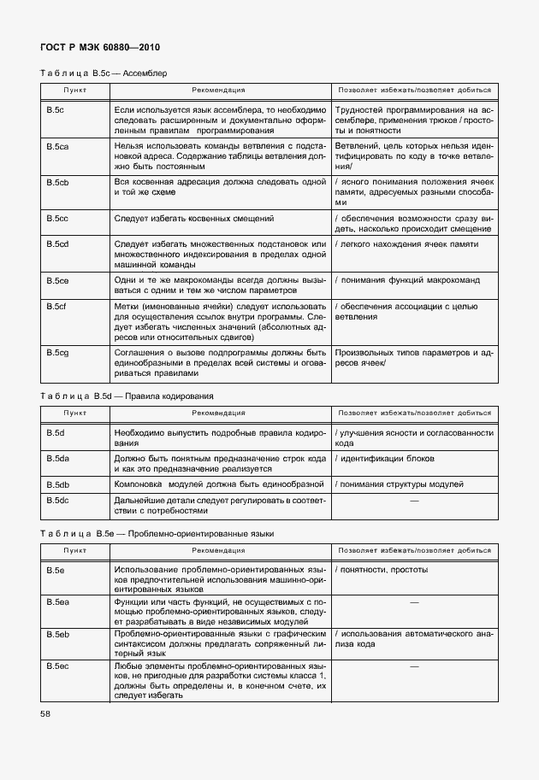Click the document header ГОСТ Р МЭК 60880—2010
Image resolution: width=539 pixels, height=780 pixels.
(x=100, y=48)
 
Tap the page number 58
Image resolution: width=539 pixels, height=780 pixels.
(x=45, y=736)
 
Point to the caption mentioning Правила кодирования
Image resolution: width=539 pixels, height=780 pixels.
(x=127, y=396)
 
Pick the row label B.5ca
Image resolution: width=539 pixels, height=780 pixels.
(x=57, y=148)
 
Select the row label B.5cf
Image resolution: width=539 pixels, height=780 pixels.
(x=56, y=306)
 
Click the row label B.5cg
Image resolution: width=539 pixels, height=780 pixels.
(x=57, y=352)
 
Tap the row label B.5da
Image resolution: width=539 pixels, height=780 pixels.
(x=57, y=460)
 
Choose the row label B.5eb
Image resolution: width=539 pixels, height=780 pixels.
(x=57, y=635)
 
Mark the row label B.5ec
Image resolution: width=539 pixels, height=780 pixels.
(x=57, y=666)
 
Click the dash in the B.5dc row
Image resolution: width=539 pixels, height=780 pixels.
(x=414, y=500)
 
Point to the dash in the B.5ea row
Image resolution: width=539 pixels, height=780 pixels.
(x=414, y=603)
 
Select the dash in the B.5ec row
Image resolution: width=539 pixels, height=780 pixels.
(x=414, y=666)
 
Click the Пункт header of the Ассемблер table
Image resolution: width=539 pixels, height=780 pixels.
(x=74, y=89)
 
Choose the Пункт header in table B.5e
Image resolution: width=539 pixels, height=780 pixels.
(x=74, y=550)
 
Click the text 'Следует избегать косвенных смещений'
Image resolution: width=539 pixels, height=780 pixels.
(x=193, y=219)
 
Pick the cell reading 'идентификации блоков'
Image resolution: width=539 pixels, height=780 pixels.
(x=388, y=460)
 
